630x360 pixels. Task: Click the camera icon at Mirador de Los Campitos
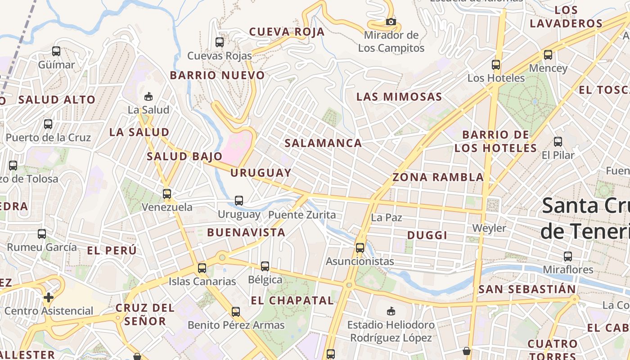[391, 22]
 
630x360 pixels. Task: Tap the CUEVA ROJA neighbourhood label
[287, 31]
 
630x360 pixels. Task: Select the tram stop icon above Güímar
[56, 51]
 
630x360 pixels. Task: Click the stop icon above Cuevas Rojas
[220, 42]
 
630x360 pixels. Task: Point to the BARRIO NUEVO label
[217, 75]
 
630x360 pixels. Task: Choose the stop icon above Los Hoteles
[496, 64]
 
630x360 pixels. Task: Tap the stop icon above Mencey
[548, 55]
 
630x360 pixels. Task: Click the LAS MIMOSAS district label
[399, 97]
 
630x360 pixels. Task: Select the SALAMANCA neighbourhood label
[323, 143]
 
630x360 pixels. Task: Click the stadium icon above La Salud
[148, 96]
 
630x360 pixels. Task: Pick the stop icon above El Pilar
[558, 142]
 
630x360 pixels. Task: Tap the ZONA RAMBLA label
[438, 177]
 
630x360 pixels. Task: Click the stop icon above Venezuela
[167, 194]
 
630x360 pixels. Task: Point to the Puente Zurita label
[302, 215]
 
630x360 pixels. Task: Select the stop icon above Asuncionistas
[360, 247]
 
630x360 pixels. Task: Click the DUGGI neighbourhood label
[427, 235]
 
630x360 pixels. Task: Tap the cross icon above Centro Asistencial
[49, 297]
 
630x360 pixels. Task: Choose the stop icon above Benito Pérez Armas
[236, 311]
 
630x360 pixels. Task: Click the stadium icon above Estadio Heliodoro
[391, 311]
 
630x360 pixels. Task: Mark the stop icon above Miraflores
[568, 256]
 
